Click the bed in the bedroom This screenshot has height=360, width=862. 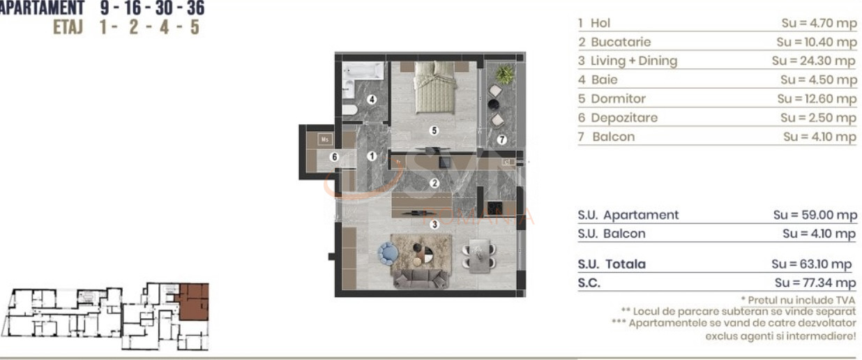(434, 86)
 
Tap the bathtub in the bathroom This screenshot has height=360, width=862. (363, 72)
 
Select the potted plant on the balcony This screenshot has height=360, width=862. (504, 74)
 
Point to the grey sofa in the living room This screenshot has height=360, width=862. (422, 278)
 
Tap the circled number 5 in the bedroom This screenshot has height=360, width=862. (434, 130)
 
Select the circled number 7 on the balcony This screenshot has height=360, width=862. (501, 139)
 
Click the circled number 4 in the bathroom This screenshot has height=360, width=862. (372, 100)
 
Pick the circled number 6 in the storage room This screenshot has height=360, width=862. (334, 157)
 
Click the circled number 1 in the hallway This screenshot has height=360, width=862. (372, 156)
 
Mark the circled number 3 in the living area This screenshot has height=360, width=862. (434, 224)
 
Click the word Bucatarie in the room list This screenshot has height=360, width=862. (620, 42)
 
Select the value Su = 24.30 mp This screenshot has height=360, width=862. (813, 61)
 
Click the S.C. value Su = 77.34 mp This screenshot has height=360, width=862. (815, 283)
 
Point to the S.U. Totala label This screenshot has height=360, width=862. (612, 264)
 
